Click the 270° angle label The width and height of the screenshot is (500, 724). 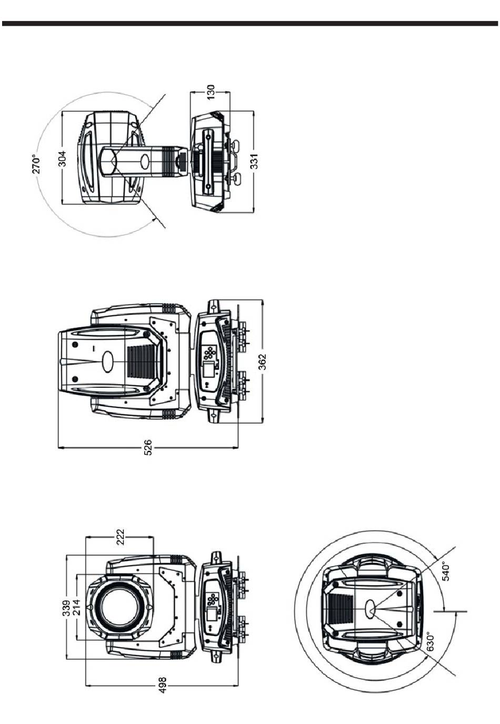click(36, 164)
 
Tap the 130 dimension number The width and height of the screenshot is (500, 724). click(210, 92)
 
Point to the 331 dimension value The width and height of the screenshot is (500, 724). click(254, 161)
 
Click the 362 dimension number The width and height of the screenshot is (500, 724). click(263, 361)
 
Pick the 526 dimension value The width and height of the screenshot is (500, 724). click(147, 447)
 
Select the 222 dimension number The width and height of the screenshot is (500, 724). click(120, 537)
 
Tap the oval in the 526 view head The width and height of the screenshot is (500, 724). click(108, 361)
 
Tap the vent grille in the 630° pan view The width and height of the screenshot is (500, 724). click(340, 608)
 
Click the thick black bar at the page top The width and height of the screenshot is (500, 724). click(250, 24)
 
